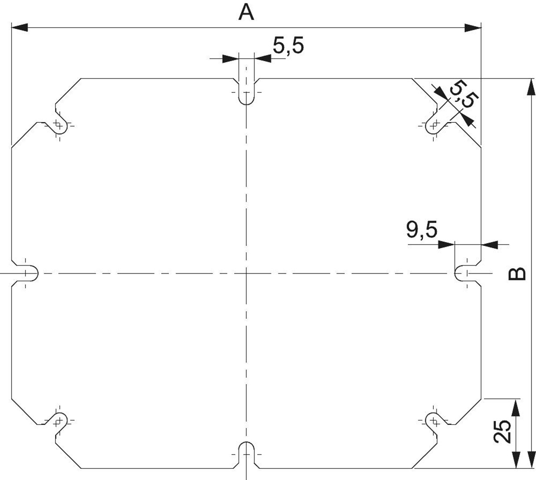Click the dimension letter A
(x=246, y=13)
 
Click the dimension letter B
(x=517, y=273)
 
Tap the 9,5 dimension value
(x=422, y=230)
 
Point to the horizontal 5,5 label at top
(x=289, y=46)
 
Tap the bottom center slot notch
(x=246, y=455)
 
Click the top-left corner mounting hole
(x=59, y=125)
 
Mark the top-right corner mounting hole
(x=433, y=125)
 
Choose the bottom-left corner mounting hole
(x=59, y=421)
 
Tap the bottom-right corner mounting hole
(x=433, y=421)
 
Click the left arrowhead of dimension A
(x=20, y=27)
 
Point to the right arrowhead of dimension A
(x=473, y=27)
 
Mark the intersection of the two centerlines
(x=246, y=273)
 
